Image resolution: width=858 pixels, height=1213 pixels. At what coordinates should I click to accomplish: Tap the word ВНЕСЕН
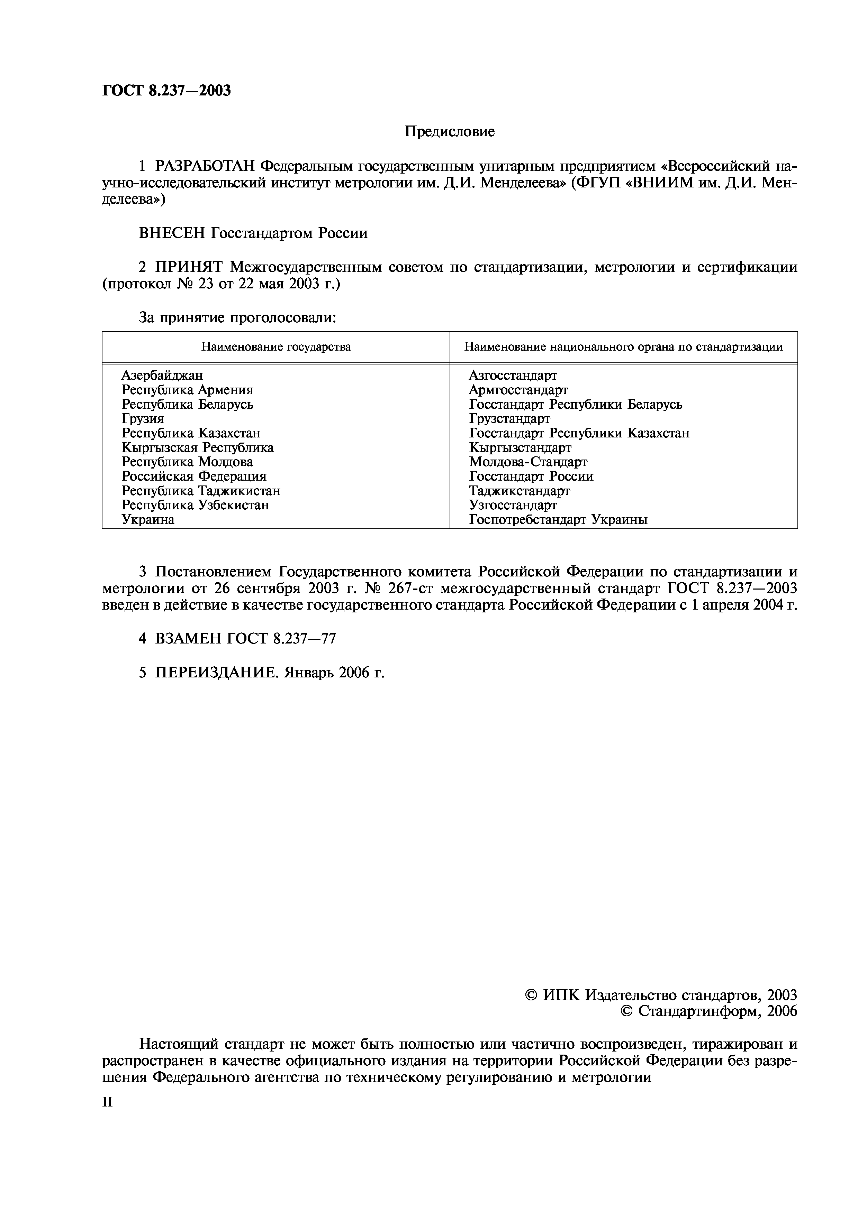[x=172, y=233]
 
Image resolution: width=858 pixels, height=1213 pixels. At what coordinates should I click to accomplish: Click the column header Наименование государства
[x=276, y=347]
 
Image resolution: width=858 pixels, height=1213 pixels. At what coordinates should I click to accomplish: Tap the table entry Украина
[x=148, y=520]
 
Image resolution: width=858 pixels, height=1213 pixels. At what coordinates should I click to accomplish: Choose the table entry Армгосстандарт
[x=518, y=390]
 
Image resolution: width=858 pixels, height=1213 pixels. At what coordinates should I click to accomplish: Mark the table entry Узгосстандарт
[x=513, y=506]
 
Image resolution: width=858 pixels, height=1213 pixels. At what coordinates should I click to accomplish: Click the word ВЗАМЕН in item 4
[x=188, y=639]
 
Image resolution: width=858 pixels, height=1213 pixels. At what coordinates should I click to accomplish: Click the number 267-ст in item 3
[x=420, y=588]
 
